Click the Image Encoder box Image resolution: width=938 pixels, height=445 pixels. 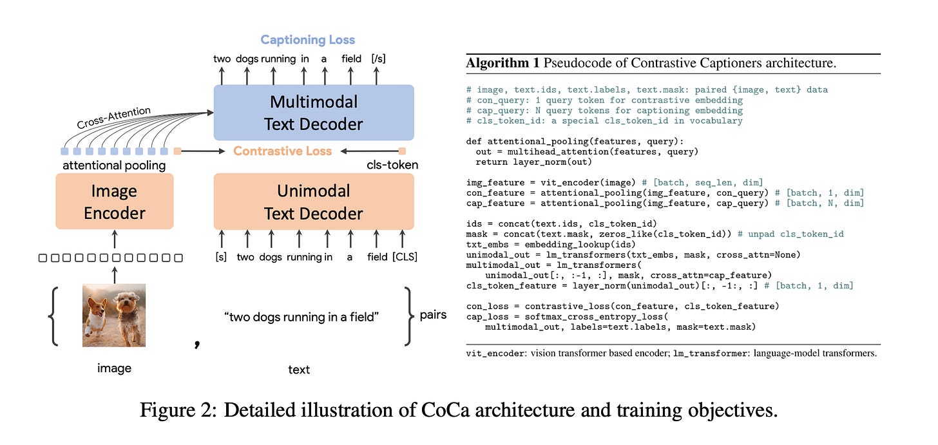(x=115, y=202)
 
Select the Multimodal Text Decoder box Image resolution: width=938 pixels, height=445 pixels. (x=314, y=113)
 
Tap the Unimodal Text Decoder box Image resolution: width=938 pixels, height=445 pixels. (x=314, y=202)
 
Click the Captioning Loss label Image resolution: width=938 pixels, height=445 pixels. (x=308, y=40)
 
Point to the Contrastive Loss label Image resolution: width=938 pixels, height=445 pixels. (x=282, y=151)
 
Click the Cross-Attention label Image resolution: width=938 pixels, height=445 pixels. (x=114, y=118)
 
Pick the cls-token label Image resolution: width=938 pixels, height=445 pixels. (x=392, y=166)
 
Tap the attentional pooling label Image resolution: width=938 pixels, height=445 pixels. (x=114, y=166)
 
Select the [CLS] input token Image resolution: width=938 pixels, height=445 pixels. (x=405, y=257)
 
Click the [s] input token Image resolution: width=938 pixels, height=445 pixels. (x=222, y=257)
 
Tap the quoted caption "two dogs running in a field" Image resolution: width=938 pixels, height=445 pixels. (x=301, y=317)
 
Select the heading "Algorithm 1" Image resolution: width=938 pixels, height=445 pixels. (x=502, y=63)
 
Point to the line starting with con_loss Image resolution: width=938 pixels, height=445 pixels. (x=622, y=305)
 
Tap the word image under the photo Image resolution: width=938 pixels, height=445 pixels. (x=114, y=368)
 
